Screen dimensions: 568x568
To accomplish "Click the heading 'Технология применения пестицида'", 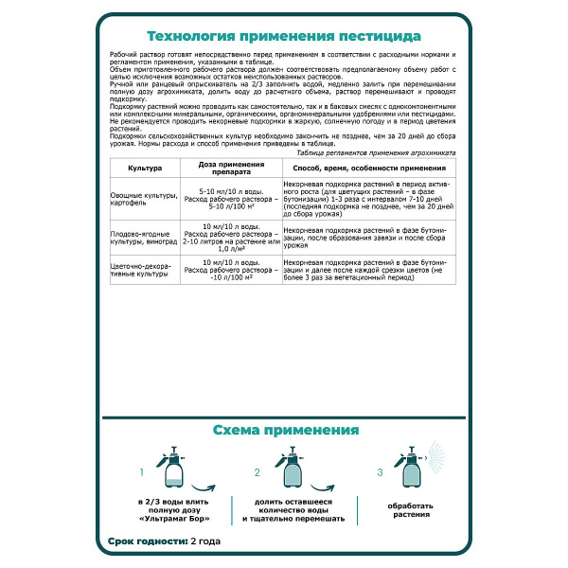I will coord(284,37).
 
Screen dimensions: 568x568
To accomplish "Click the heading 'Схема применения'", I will coord(284,431).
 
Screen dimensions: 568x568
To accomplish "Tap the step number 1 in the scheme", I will coord(142,471).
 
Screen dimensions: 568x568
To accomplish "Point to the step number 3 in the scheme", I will coord(380,471).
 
